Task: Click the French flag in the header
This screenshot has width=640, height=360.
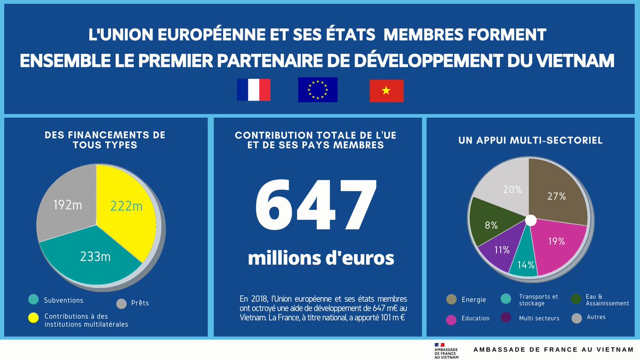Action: pyautogui.click(x=253, y=90)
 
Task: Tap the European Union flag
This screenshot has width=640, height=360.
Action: pyautogui.click(x=317, y=90)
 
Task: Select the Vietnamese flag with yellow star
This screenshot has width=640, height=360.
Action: pyautogui.click(x=386, y=91)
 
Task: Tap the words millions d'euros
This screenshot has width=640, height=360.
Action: pyautogui.click(x=321, y=258)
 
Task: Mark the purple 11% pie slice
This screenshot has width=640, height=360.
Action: pyautogui.click(x=499, y=248)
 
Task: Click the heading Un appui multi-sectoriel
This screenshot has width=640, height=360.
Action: pyautogui.click(x=530, y=141)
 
